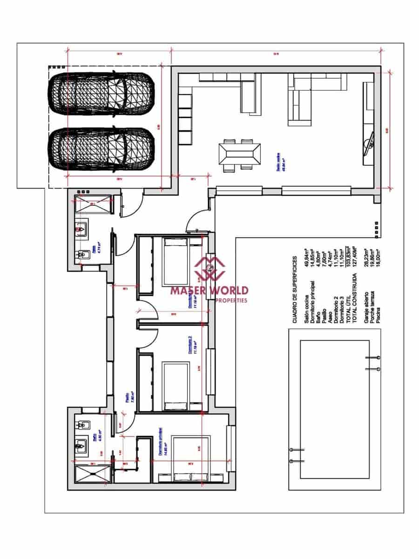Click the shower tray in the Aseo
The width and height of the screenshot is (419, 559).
(x=93, y=204)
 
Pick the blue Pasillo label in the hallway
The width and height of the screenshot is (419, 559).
(x=127, y=399)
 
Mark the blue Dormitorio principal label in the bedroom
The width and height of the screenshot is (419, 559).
(x=161, y=442)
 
